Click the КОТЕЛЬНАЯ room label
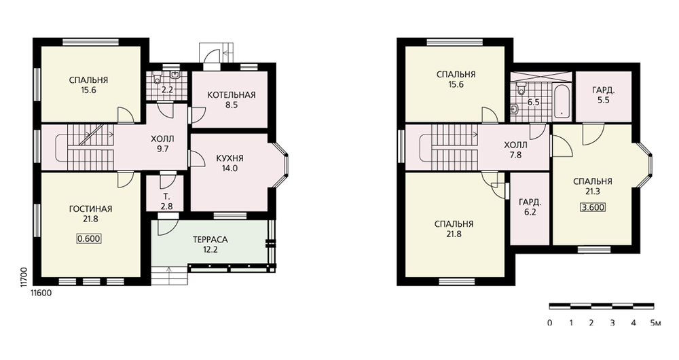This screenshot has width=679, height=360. coord(232,95)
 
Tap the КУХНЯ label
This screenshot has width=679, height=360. coord(230,158)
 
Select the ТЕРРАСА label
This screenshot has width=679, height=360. coord(210,240)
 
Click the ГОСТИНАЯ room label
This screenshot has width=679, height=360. coord(90,209)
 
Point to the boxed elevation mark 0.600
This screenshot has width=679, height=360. coord(89,238)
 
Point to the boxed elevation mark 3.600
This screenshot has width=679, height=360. coord(593,207)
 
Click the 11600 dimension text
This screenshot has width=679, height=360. coord(41,293)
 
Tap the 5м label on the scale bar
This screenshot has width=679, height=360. coord(655,323)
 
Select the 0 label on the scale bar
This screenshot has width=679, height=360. coord(550,323)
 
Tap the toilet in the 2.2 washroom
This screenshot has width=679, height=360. coord(157,79)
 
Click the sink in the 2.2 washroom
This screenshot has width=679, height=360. coord(175,75)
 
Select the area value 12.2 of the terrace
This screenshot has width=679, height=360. coord(210,250)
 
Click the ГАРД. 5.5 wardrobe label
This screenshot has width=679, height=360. coord(603,95)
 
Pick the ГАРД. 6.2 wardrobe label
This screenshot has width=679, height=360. coord(530,207)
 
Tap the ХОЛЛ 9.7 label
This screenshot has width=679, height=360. coord(163,144)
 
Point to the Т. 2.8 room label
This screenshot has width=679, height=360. coord(167,202)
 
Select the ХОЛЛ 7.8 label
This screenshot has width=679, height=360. coord(516,150)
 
